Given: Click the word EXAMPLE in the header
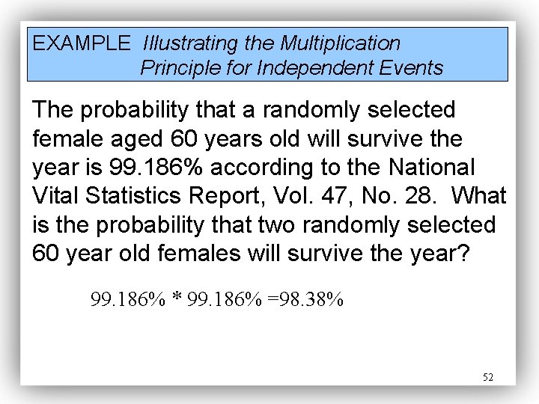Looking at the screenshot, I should [x=81, y=43].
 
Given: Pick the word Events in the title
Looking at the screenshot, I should [x=415, y=69].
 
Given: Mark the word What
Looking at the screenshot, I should [x=481, y=196].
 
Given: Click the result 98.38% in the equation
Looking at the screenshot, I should [x=308, y=301].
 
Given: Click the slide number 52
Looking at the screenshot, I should [x=488, y=378].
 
